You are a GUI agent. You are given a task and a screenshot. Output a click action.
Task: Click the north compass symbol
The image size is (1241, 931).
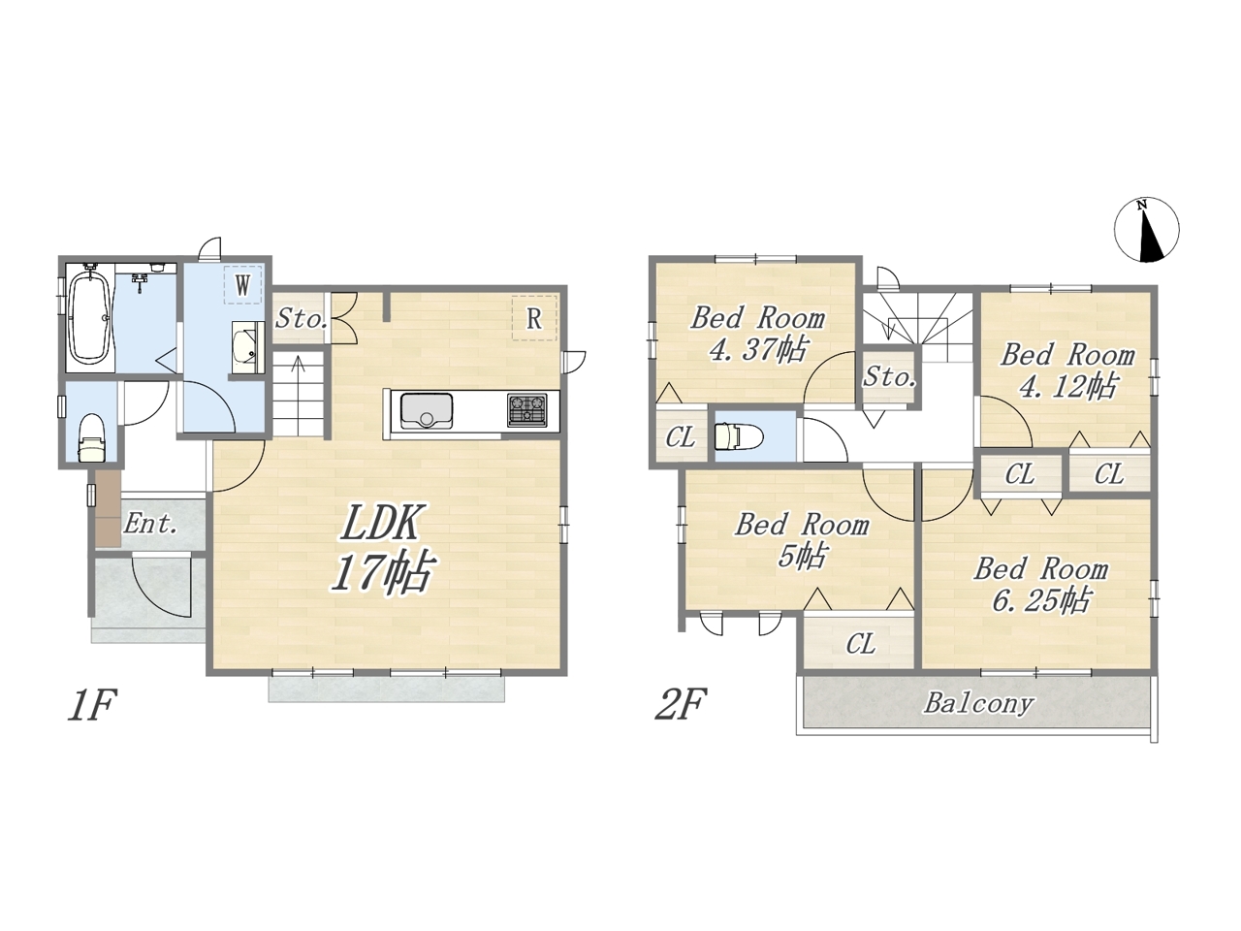(1146, 230)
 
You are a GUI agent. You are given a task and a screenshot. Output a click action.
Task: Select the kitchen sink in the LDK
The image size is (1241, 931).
(427, 410)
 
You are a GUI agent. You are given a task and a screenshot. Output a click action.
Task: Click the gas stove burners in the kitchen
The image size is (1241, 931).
(526, 410)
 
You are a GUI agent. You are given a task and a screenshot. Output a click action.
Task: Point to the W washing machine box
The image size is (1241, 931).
(243, 285)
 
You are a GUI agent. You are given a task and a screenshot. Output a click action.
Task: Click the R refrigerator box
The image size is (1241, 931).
(534, 318)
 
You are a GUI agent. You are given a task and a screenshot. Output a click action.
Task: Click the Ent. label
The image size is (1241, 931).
(150, 524)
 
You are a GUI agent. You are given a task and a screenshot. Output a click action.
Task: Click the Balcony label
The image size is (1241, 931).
(978, 704)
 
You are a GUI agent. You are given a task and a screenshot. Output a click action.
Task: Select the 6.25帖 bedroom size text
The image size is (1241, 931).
(1040, 600)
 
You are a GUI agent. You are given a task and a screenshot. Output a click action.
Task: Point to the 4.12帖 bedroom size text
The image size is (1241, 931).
(1067, 388)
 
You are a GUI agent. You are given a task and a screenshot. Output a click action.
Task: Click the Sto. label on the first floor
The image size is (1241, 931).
(302, 319)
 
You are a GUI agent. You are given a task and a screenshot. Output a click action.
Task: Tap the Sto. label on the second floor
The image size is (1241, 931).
(889, 377)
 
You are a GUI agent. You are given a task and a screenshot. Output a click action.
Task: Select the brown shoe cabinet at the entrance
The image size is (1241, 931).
(108, 507)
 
